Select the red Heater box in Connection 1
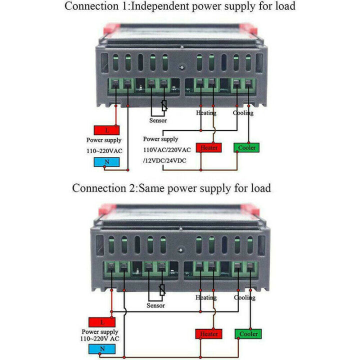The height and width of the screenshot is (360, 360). tap(208, 147)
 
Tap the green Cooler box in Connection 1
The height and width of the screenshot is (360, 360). tap(246, 147)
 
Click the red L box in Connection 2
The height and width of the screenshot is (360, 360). tap(101, 322)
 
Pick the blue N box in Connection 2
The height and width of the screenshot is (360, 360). tap(101, 349)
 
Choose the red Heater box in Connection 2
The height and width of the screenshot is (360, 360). tap(208, 333)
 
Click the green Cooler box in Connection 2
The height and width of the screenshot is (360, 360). tap(248, 333)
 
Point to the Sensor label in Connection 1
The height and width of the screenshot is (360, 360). tap(158, 120)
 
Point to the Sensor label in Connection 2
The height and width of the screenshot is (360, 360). tap(155, 305)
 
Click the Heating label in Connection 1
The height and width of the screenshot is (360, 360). tap(206, 113)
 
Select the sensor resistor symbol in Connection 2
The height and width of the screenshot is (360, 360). tap(161, 290)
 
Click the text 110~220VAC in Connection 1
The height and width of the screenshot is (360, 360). tap(105, 150)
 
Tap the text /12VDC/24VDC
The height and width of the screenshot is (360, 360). tap(165, 159)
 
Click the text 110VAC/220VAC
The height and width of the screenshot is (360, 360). tap(167, 149)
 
